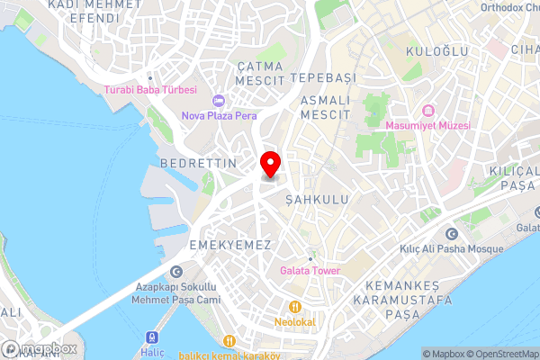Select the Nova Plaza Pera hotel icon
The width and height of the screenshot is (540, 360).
coord(218,99)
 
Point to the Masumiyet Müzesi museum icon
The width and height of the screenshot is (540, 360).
coord(428,111)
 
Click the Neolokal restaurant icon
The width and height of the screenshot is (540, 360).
coord(293,305)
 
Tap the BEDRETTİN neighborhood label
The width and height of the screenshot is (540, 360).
coord(197,163)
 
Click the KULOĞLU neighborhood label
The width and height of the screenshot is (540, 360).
coord(437,51)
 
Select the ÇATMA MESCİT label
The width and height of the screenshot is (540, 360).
coord(260,74)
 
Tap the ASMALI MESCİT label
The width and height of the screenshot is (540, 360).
coord(324,107)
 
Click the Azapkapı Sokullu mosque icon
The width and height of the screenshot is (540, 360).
coord(175,271)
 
